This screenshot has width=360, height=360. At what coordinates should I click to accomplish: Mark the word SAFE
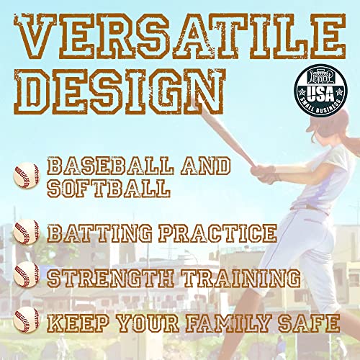coord(310,322)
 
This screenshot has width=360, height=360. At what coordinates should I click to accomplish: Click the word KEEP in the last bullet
coord(75,322)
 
